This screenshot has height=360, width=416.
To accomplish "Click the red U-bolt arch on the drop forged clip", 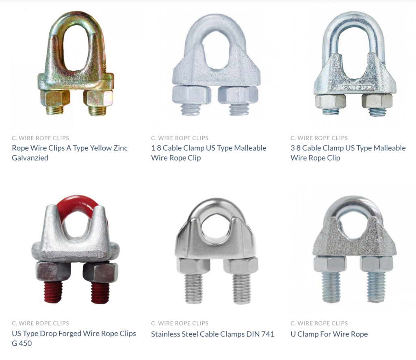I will coord(77,202).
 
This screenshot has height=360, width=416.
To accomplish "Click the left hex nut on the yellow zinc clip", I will coord(55,98).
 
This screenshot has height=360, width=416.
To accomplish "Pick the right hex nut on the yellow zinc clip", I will coord(98,98).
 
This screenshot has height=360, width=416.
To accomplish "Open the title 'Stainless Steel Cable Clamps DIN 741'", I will coord(212,334).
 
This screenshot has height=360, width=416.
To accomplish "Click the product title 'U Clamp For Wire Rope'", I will coord(329,334).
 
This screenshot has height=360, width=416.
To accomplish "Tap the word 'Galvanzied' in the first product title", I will coord(30,158).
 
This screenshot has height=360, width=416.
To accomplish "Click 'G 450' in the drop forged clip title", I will coord(22,343).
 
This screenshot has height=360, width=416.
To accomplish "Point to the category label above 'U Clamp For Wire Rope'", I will coord(319,323).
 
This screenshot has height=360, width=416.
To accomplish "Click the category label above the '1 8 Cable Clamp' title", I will coord(180,138).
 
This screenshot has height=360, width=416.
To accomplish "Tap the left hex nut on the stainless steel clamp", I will coord(193,265).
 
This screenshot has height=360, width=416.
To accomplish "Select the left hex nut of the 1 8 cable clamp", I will coord(191,95).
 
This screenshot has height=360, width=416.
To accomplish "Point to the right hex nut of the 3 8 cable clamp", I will coord(377,100).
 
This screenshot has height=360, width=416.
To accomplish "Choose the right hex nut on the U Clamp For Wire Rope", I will coord(376,264).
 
